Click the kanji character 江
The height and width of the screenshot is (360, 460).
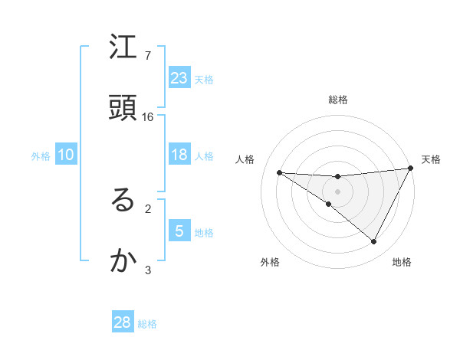pyautogui.click(x=123, y=48)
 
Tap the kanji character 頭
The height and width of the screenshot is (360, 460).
pyautogui.click(x=123, y=108)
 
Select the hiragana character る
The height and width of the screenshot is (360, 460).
pyautogui.click(x=123, y=201)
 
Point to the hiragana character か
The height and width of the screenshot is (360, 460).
pyautogui.click(x=123, y=260)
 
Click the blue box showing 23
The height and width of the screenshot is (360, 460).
pyautogui.click(x=179, y=77)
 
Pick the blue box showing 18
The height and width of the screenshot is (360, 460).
pyautogui.click(x=179, y=155)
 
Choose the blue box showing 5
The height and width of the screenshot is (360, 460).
pyautogui.click(x=179, y=231)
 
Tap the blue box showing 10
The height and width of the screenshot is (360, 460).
pyautogui.click(x=66, y=155)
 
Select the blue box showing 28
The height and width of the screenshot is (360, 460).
pyautogui.click(x=123, y=322)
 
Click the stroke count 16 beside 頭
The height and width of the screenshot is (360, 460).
pyautogui.click(x=148, y=117)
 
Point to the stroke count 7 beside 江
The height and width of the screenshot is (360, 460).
pyautogui.click(x=148, y=56)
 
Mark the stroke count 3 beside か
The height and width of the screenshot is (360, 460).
pyautogui.click(x=148, y=269)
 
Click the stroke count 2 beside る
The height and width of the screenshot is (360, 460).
pyautogui.click(x=148, y=208)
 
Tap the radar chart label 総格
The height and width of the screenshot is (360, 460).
pyautogui.click(x=338, y=100)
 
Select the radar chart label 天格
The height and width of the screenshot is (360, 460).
pyautogui.click(x=431, y=159)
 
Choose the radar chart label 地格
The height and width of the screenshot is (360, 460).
pyautogui.click(x=402, y=262)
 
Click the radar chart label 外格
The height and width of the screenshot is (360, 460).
pyautogui.click(x=270, y=262)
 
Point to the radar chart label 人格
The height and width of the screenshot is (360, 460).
pyautogui.click(x=245, y=159)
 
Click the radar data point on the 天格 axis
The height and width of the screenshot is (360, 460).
pyautogui.click(x=410, y=169)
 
